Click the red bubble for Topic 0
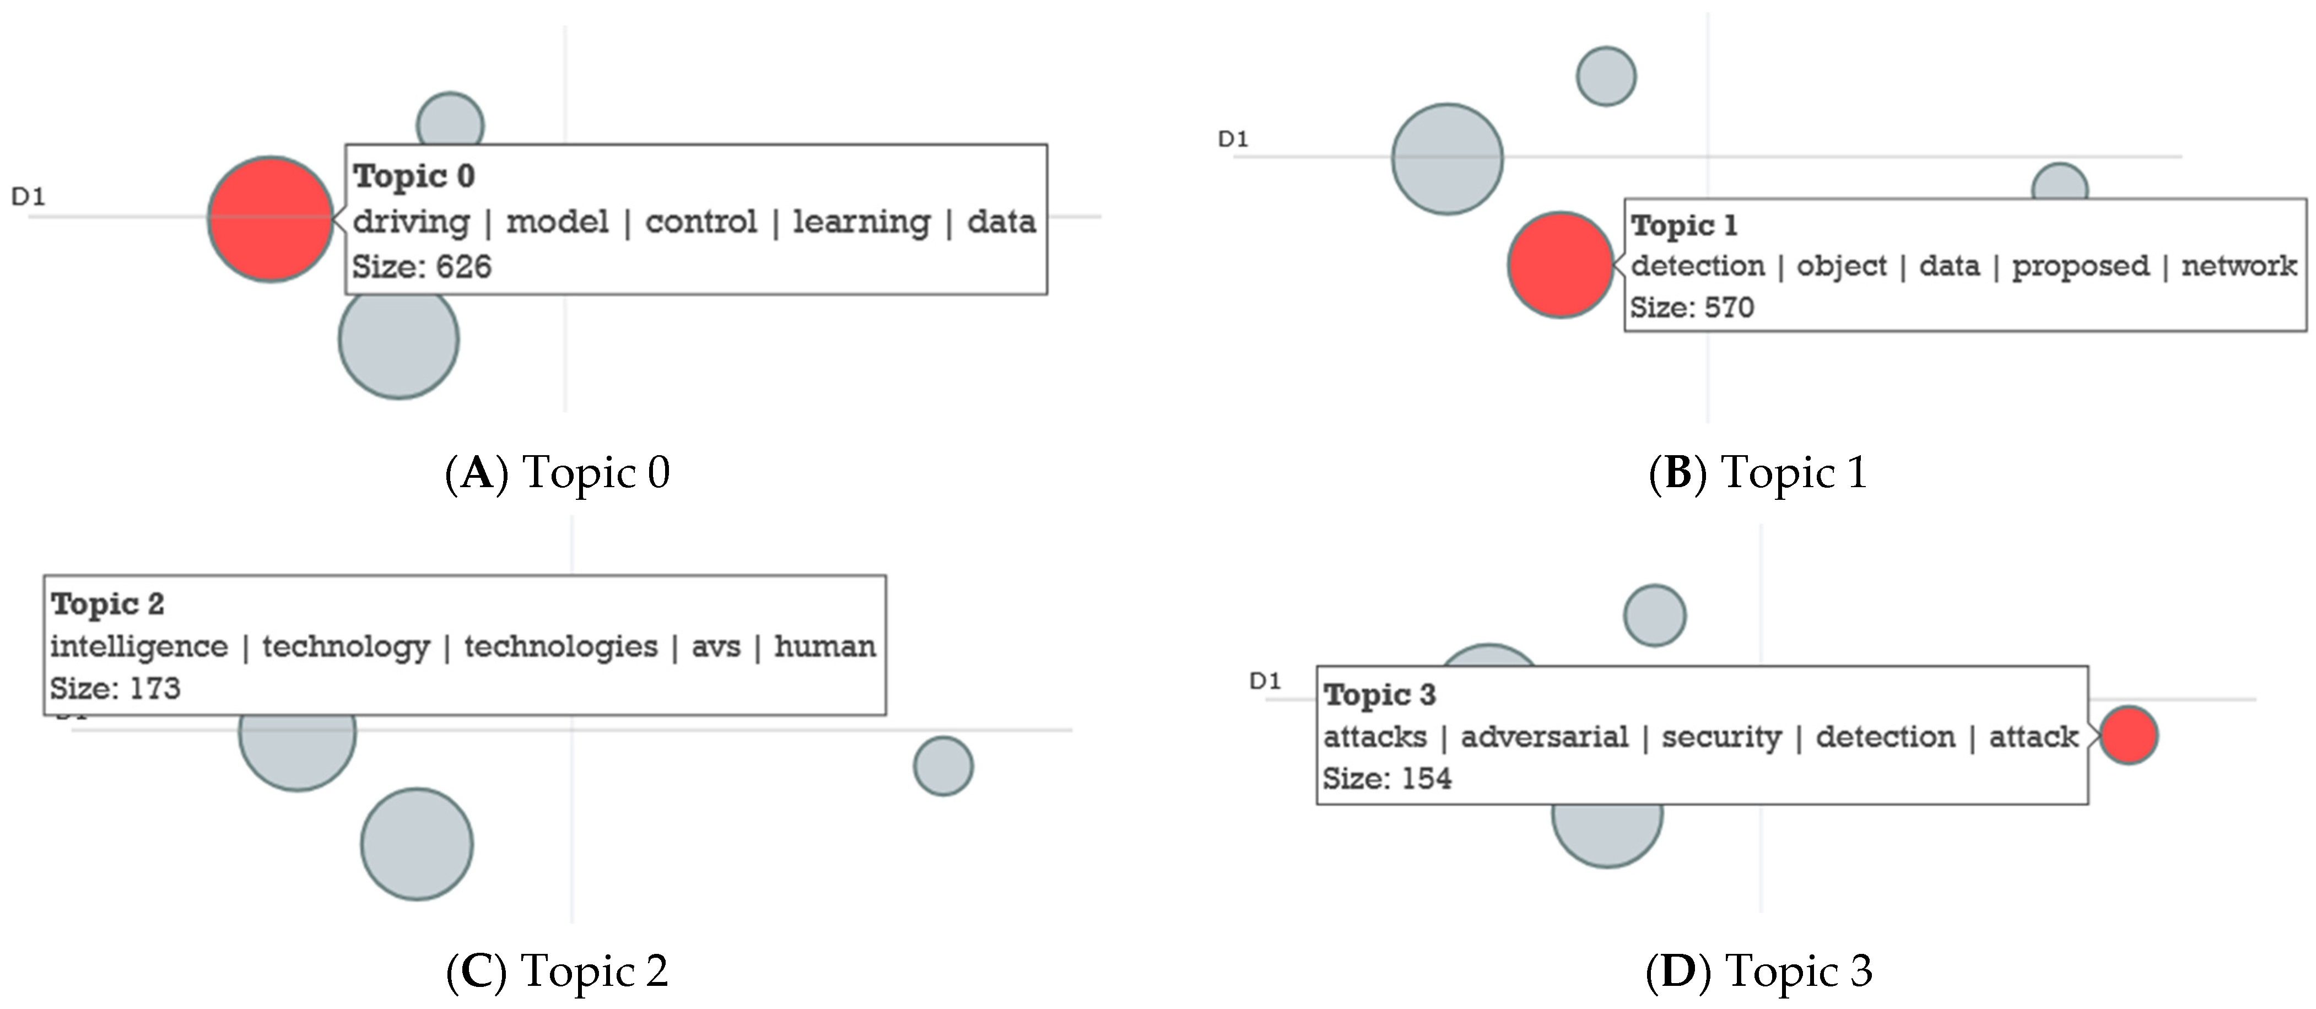(x=269, y=219)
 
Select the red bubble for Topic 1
(x=1560, y=265)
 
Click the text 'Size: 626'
(x=422, y=267)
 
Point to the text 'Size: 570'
(x=1692, y=307)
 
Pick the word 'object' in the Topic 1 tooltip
(x=1842, y=266)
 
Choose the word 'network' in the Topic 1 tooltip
(x=2239, y=266)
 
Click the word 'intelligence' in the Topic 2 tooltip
(x=139, y=646)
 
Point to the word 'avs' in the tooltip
(x=716, y=646)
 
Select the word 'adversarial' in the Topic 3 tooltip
(x=1543, y=737)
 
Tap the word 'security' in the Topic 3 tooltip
(x=1721, y=737)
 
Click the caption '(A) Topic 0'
(x=558, y=473)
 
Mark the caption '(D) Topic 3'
(x=1758, y=971)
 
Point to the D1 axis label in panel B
(x=1233, y=139)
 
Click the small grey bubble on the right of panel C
(x=943, y=766)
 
